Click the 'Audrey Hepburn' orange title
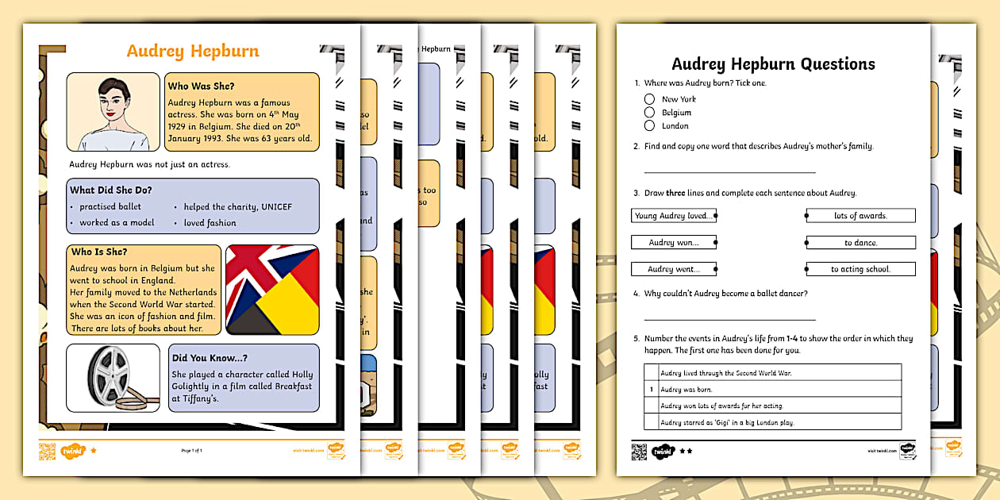[x=193, y=52]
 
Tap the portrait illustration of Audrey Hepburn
[x=113, y=112]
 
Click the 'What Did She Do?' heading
[x=111, y=190]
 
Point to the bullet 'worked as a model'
[x=116, y=223]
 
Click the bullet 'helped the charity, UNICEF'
[x=237, y=207]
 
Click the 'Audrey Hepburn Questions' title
[x=773, y=64]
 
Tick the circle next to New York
[x=649, y=99]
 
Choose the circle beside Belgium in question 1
[x=649, y=113]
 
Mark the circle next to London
[x=649, y=125]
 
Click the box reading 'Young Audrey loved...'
[x=673, y=216]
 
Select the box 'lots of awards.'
[x=860, y=216]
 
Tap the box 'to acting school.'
[x=860, y=269]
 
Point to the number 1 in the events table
[x=651, y=389]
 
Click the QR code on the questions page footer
[x=639, y=451]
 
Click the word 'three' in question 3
[x=675, y=193]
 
